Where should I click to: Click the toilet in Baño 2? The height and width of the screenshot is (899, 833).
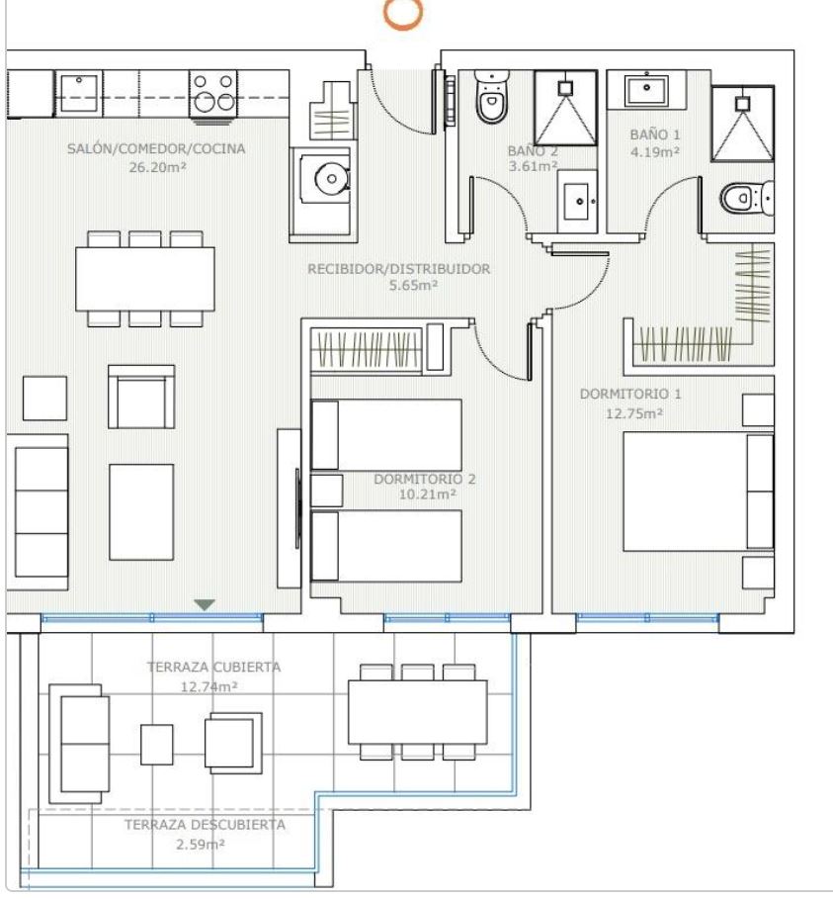coord(491,96)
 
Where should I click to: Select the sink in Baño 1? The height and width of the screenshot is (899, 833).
coord(647,90)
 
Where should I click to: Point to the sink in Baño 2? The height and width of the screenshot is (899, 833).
coord(577,201)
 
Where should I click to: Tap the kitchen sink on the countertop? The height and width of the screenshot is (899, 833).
coord(79,93)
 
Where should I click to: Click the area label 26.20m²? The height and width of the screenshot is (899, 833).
coord(157,167)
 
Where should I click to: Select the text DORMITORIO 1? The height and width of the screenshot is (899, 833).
coord(630,394)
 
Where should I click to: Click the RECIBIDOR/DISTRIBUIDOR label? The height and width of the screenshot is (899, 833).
coord(399,269)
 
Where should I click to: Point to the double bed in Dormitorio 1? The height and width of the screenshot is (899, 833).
coord(699,492)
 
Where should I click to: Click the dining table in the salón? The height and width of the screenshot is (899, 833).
coord(145,279)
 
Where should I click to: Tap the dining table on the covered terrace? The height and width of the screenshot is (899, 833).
coord(418,711)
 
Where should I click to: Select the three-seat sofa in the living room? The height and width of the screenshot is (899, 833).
coord(38,512)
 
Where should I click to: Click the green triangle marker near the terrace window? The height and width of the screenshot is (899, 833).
coord(205,604)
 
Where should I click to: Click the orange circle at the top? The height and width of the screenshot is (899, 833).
coord(403,13)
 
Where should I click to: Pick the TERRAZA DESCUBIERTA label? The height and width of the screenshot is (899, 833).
coord(206,825)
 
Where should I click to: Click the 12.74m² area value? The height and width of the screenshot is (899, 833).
coord(209,686)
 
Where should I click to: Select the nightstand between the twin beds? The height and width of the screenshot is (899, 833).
coord(326,491)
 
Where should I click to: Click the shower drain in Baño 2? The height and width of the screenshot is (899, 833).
coord(565,88)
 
